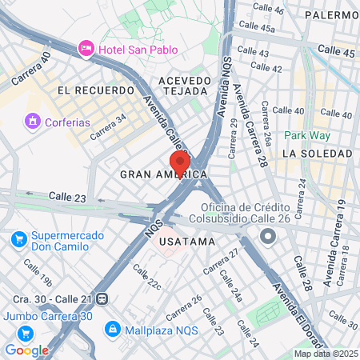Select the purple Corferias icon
[32, 121]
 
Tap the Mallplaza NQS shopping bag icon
[113, 328]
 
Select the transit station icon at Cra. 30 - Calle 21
[102, 298]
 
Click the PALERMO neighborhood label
[331, 14]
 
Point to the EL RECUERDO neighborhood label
[95, 90]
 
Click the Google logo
[26, 350]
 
